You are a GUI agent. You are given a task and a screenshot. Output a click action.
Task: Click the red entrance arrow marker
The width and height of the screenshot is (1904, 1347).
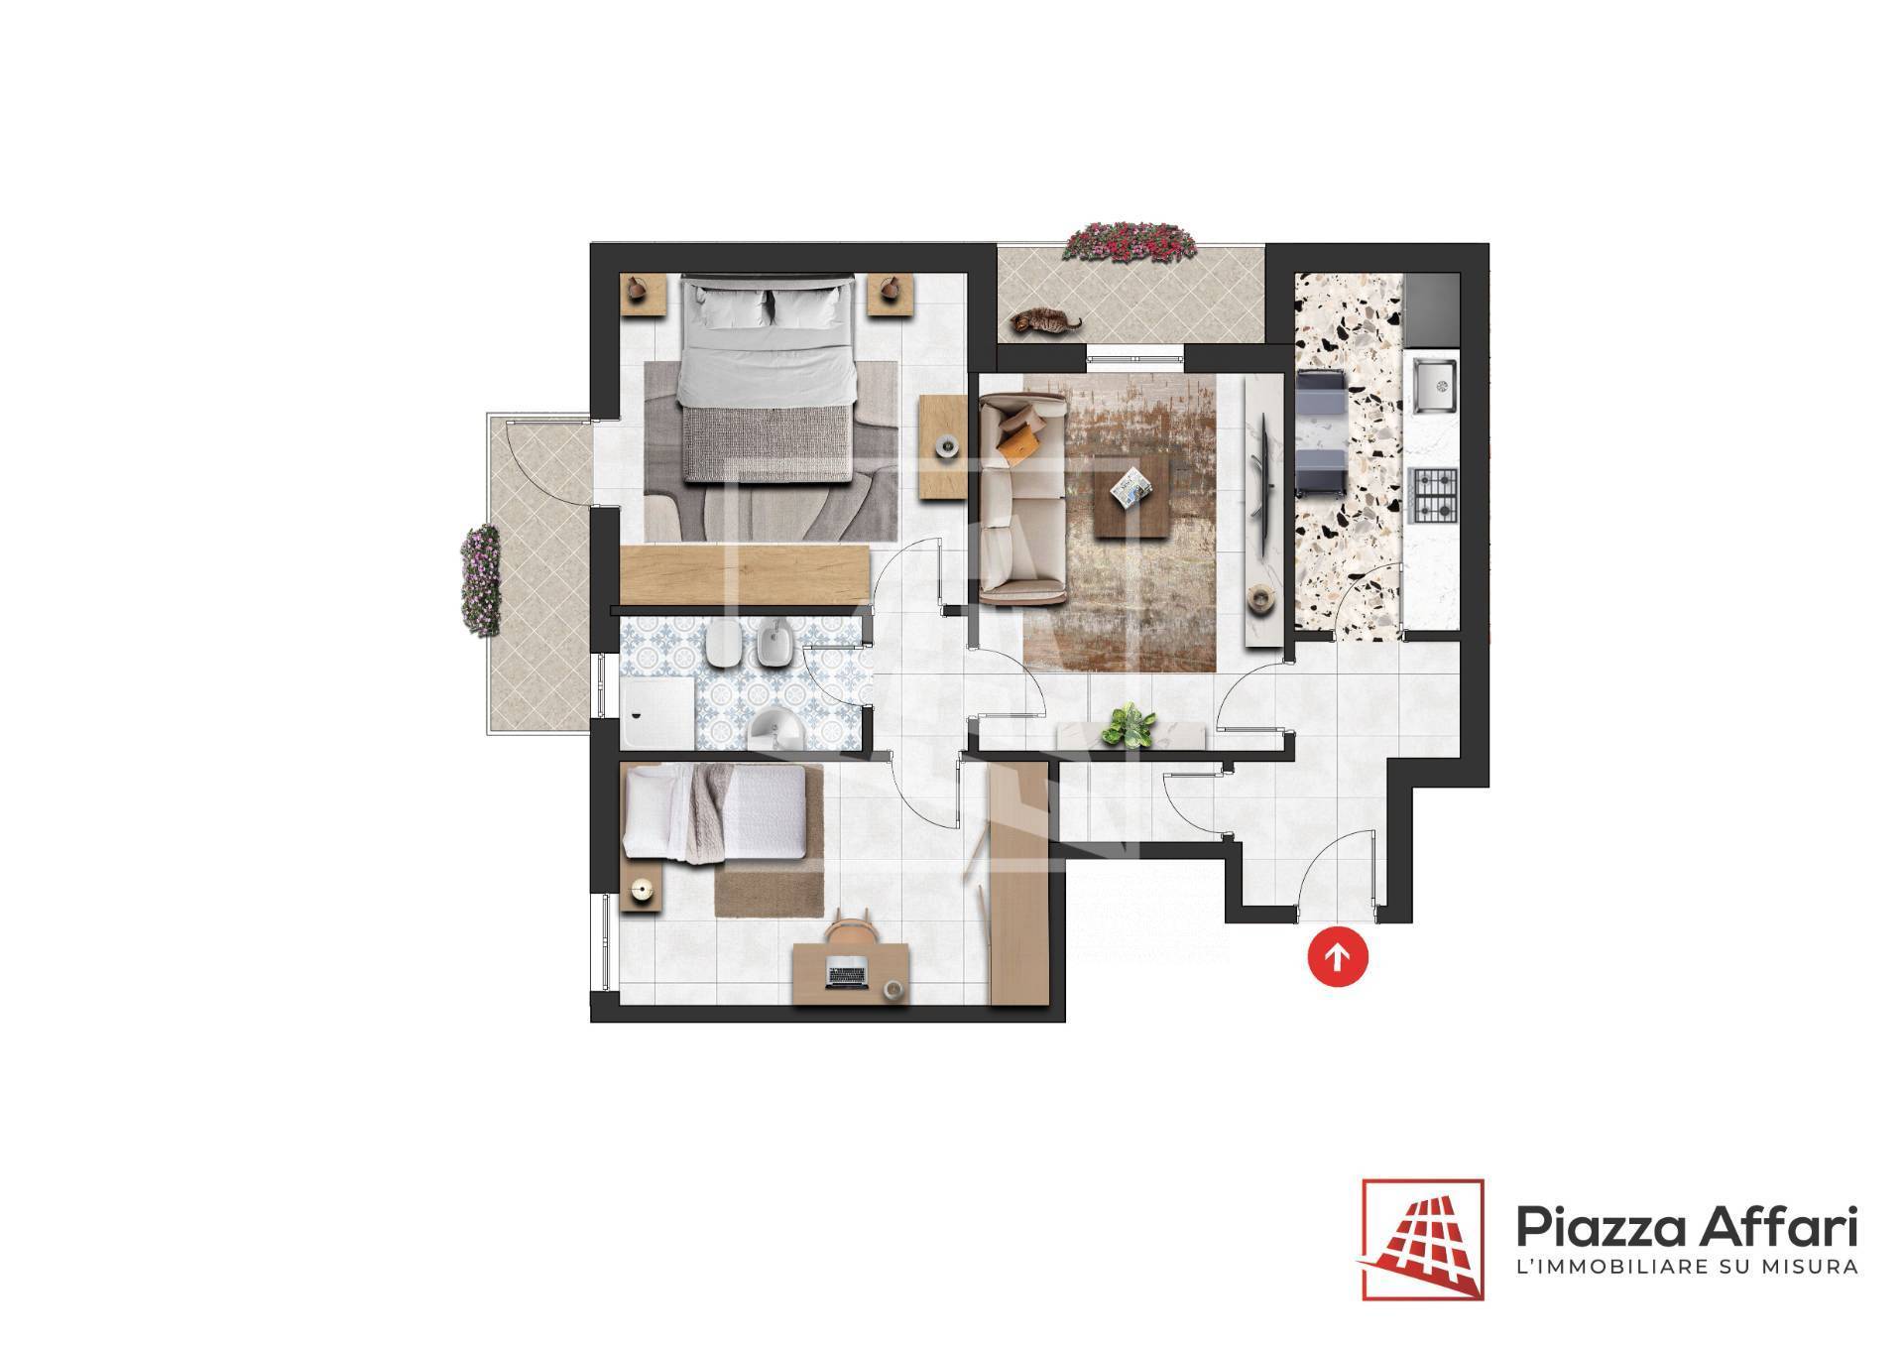(1338, 957)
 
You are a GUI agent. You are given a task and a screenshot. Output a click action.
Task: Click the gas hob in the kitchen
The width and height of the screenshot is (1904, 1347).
(1434, 496)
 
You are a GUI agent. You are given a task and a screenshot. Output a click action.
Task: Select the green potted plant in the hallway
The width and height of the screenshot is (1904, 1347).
(1130, 726)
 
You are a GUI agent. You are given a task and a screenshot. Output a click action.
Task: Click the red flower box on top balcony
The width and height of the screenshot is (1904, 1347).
(1130, 242)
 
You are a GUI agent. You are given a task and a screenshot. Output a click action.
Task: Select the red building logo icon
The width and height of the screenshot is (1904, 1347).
(1423, 1239)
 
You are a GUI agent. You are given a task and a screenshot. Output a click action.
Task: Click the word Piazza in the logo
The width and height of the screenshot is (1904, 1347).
(1599, 1230)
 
